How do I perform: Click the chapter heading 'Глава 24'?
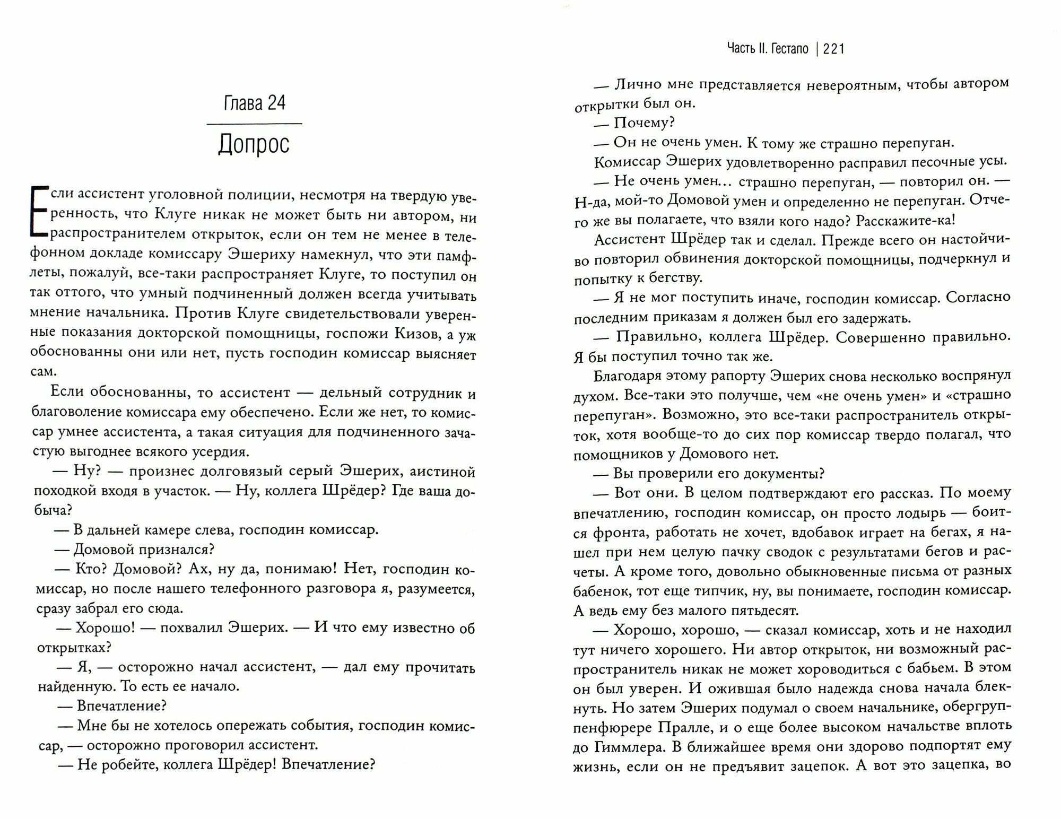254,102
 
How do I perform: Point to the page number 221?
834,49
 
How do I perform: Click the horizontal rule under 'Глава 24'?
254,124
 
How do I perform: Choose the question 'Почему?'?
643,123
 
